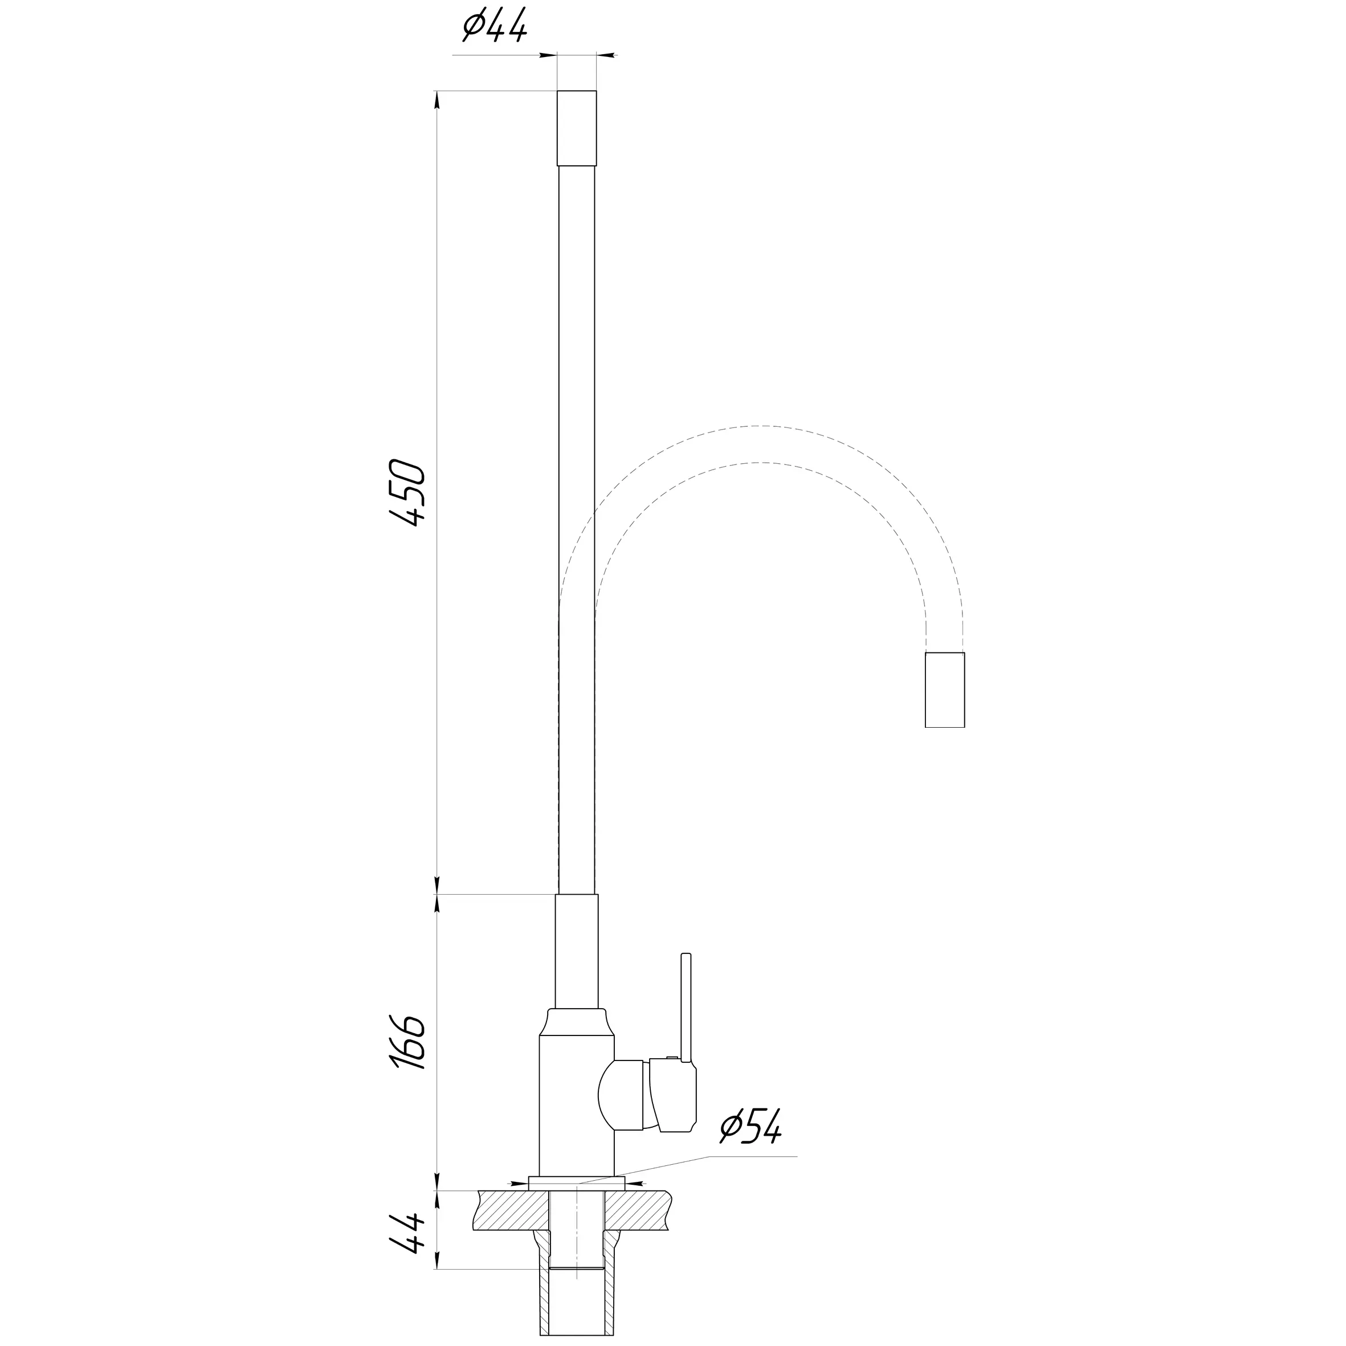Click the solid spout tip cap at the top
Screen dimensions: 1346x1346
pos(577,128)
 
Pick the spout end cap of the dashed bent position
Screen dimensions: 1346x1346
pos(945,690)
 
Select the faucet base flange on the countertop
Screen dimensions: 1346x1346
pos(577,1184)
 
